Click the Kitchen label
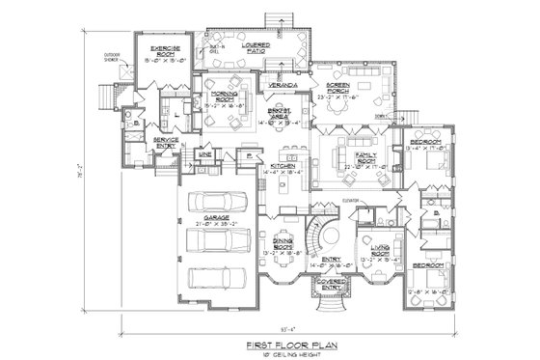[x=283, y=167]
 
